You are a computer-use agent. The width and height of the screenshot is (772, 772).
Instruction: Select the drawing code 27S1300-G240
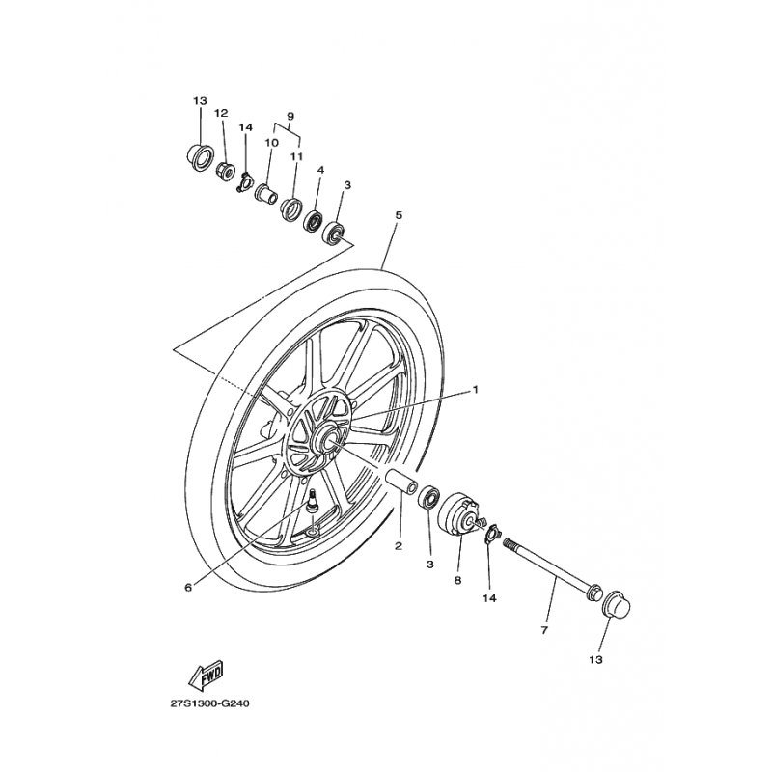click(210, 703)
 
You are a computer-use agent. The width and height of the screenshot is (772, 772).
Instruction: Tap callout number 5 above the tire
click(399, 215)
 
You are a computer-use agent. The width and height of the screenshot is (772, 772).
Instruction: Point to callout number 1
click(476, 390)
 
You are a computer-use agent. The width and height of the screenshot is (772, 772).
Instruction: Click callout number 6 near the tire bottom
click(188, 588)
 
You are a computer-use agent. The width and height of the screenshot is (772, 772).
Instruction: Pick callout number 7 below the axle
click(544, 630)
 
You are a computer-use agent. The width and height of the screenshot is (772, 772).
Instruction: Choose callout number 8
click(457, 581)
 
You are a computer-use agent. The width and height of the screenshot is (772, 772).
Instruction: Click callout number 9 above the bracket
click(290, 116)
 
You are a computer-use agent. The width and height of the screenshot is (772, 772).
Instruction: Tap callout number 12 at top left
click(222, 113)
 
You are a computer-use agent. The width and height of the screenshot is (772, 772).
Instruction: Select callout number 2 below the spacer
click(399, 546)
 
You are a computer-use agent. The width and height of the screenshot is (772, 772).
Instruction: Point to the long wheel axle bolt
click(552, 568)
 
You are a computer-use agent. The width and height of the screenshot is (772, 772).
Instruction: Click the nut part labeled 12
click(226, 172)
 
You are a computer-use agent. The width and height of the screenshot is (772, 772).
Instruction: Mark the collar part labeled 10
click(266, 193)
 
